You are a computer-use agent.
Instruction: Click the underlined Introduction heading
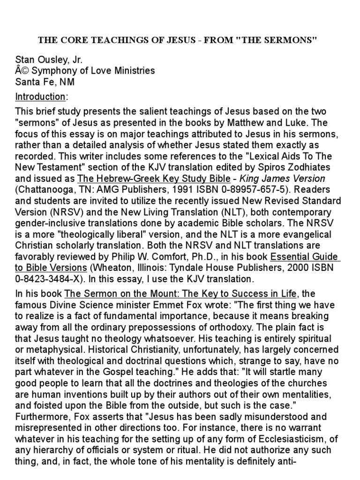(x=41, y=97)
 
